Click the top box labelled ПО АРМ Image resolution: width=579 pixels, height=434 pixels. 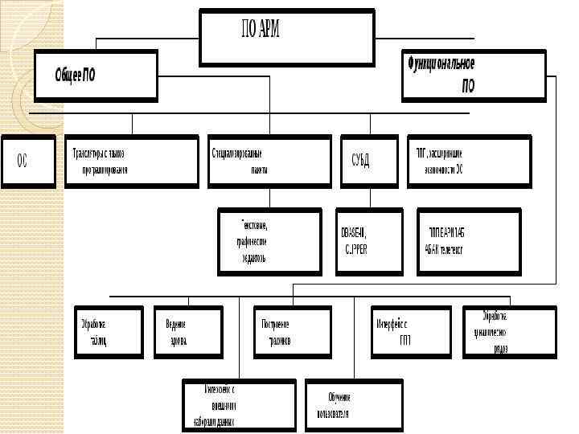[287, 37]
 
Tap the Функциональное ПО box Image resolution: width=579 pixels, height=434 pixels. [473, 76]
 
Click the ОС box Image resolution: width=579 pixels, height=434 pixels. [28, 162]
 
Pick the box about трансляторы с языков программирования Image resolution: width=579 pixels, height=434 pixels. [131, 162]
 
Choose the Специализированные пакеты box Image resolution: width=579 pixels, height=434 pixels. [269, 162]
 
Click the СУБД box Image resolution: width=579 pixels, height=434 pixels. [371, 162]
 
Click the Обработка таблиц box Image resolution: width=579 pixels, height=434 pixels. [109, 332]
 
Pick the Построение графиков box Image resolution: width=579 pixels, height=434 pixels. [292, 332]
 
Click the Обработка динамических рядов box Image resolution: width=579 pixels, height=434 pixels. [508, 332]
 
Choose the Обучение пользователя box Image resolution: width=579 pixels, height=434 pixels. [353, 405]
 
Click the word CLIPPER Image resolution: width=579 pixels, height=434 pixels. [355, 249]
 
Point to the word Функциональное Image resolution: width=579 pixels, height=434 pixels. [441, 63]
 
